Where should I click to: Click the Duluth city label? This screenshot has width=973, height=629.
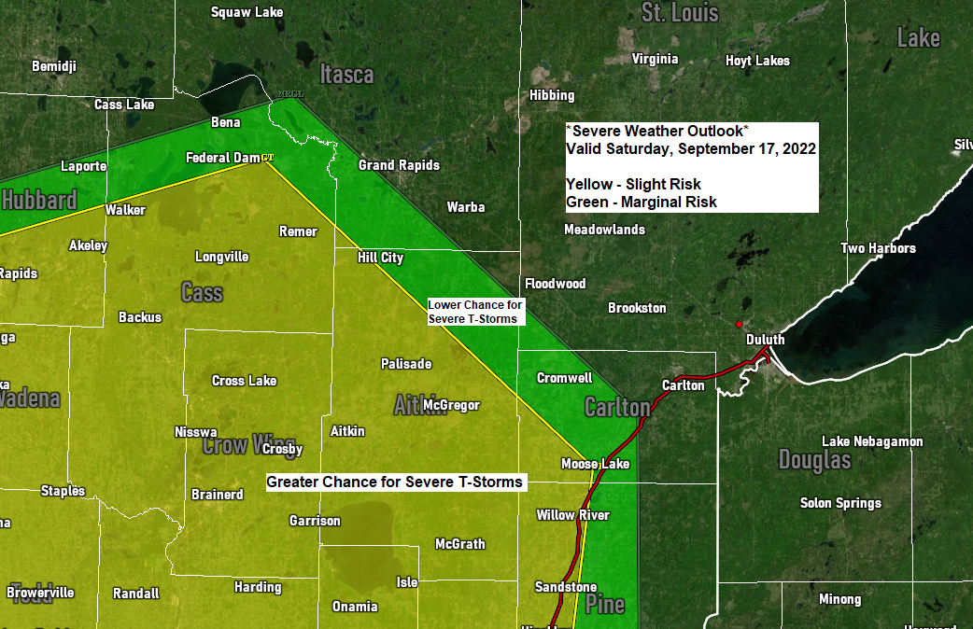click(x=765, y=340)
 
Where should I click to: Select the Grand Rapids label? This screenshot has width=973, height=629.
click(x=399, y=165)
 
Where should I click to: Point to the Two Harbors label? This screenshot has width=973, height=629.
click(x=878, y=248)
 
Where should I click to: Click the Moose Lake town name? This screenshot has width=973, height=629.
click(x=595, y=464)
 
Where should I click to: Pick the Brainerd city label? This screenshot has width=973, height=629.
click(x=217, y=495)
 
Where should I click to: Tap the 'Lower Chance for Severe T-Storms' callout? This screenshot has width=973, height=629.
click(x=475, y=312)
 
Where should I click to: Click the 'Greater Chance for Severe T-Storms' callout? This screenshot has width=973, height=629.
click(x=395, y=482)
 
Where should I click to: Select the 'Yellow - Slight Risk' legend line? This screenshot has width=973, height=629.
click(x=633, y=184)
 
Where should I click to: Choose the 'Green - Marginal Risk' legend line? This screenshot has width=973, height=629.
click(x=642, y=202)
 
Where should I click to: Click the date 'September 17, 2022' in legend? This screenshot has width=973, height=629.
click(x=747, y=148)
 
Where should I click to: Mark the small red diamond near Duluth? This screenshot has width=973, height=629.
click(x=739, y=325)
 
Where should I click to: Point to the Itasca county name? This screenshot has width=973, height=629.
click(x=346, y=75)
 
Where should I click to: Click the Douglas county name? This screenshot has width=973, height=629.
click(x=815, y=459)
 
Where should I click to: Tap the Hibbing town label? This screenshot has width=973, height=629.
click(x=552, y=95)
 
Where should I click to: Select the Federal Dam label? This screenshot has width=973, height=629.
click(x=222, y=157)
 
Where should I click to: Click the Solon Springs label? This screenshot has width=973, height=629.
click(x=840, y=503)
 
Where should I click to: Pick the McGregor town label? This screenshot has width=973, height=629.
click(x=451, y=405)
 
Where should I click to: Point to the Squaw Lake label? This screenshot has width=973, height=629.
click(x=246, y=12)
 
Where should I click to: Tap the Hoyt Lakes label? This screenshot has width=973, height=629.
click(x=757, y=61)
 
